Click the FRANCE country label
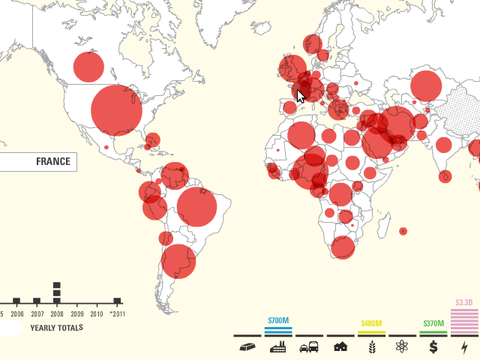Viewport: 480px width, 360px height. (52, 161)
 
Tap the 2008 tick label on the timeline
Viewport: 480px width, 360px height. (56, 315)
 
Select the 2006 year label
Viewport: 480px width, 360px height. (16, 315)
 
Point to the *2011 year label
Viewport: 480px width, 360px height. (116, 315)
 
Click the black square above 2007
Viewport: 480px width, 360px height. (36, 301)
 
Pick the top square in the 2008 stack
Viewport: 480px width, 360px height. (56, 285)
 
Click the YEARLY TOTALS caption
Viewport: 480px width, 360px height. (56, 328)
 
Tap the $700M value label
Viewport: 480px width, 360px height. (278, 320)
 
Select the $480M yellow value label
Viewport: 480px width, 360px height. (371, 324)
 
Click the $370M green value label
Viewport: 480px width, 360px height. (433, 324)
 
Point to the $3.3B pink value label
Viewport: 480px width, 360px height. (464, 303)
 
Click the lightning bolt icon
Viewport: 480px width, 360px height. (464, 347)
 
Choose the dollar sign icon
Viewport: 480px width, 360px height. (433, 347)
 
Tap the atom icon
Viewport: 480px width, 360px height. (403, 347)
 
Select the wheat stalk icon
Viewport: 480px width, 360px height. (371, 347)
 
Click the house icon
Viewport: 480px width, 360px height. (340, 346)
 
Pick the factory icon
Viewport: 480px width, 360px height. (278, 347)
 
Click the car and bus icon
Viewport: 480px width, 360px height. (309, 347)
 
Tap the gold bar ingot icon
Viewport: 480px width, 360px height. (247, 347)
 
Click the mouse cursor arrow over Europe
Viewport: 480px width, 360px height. (301, 96)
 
